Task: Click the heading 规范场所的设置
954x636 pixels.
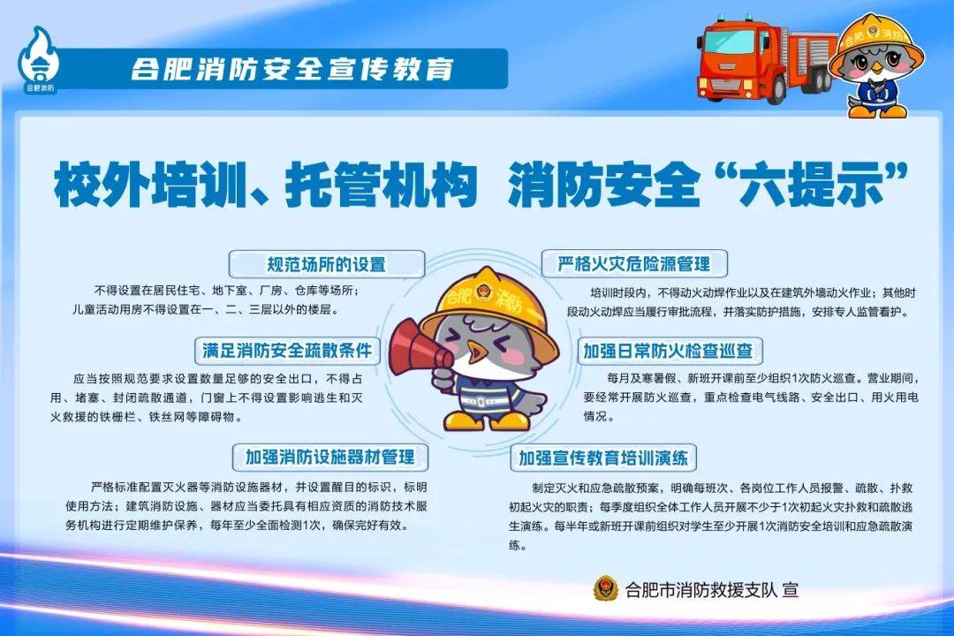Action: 327,263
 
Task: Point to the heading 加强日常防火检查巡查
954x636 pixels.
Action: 668,351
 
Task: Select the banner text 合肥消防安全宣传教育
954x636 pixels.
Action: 291,68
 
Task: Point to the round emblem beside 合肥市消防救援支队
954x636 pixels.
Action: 605,588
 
